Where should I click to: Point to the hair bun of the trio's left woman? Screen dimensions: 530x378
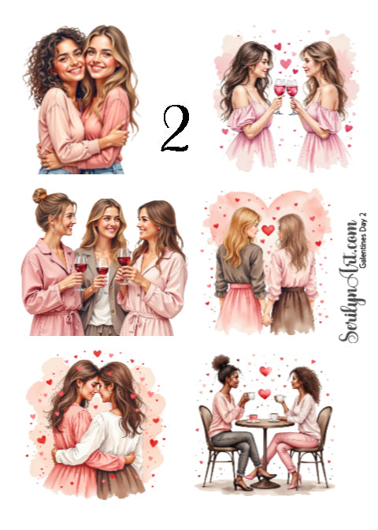pyautogui.click(x=40, y=196)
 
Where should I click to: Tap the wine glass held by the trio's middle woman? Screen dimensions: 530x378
pyautogui.click(x=103, y=272)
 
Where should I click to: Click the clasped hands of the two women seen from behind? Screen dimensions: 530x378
pyautogui.click(x=268, y=318)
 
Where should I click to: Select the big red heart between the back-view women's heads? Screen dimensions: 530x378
pyautogui.click(x=269, y=230)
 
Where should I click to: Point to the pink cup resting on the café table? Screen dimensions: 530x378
pyautogui.click(x=254, y=416)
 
